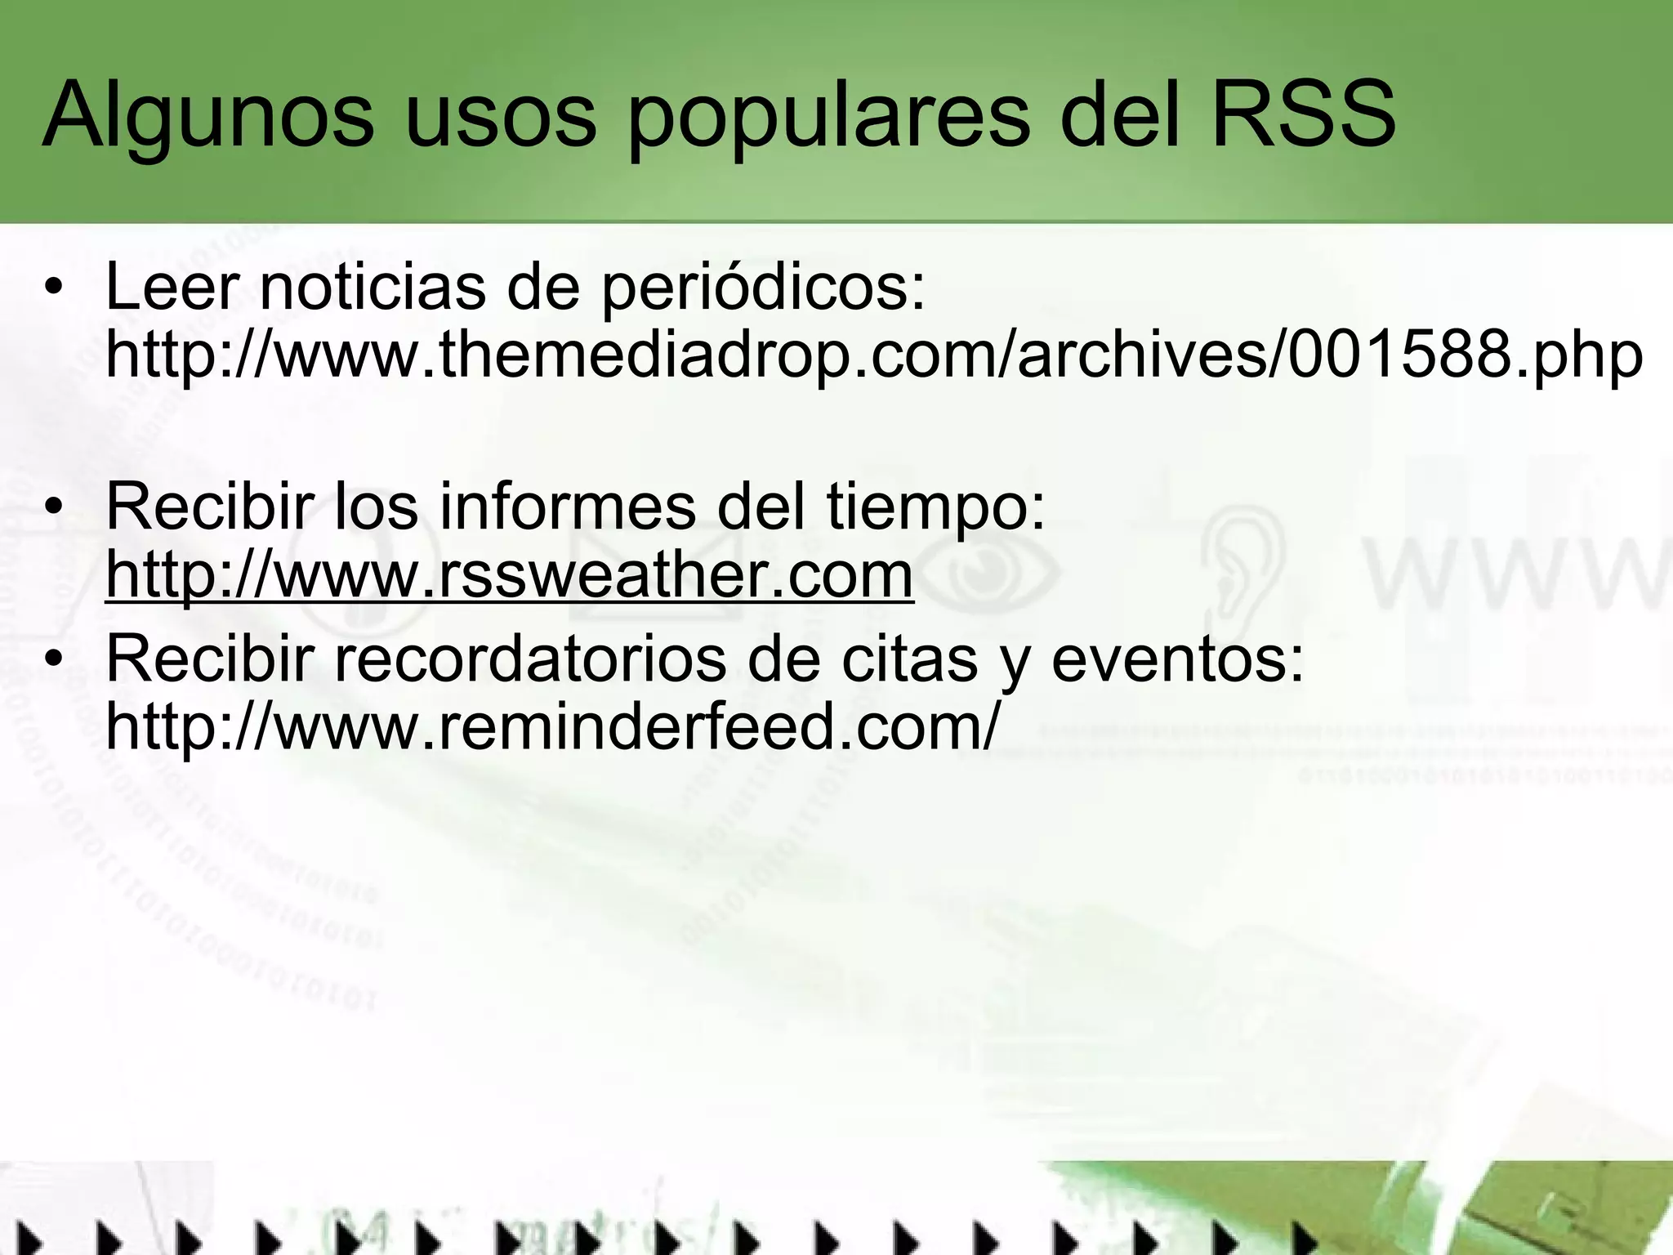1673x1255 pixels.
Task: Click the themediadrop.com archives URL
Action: tap(873, 356)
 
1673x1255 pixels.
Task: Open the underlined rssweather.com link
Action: tap(509, 575)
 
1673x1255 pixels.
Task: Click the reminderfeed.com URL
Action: tap(552, 726)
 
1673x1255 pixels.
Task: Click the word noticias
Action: tap(373, 287)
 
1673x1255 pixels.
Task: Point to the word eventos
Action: tap(1176, 659)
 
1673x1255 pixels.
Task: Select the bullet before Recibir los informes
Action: tap(54, 508)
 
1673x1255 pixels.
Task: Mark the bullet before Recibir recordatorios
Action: tap(54, 660)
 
